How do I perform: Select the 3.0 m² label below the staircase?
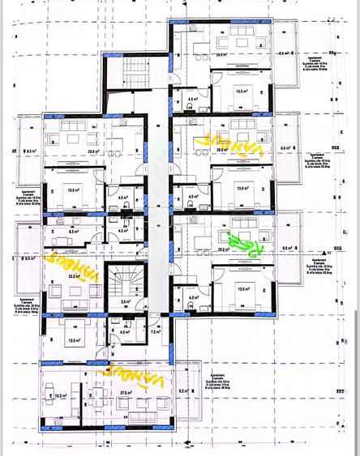(126, 301)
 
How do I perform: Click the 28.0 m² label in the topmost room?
(221, 54)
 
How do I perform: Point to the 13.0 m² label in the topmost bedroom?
(241, 92)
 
